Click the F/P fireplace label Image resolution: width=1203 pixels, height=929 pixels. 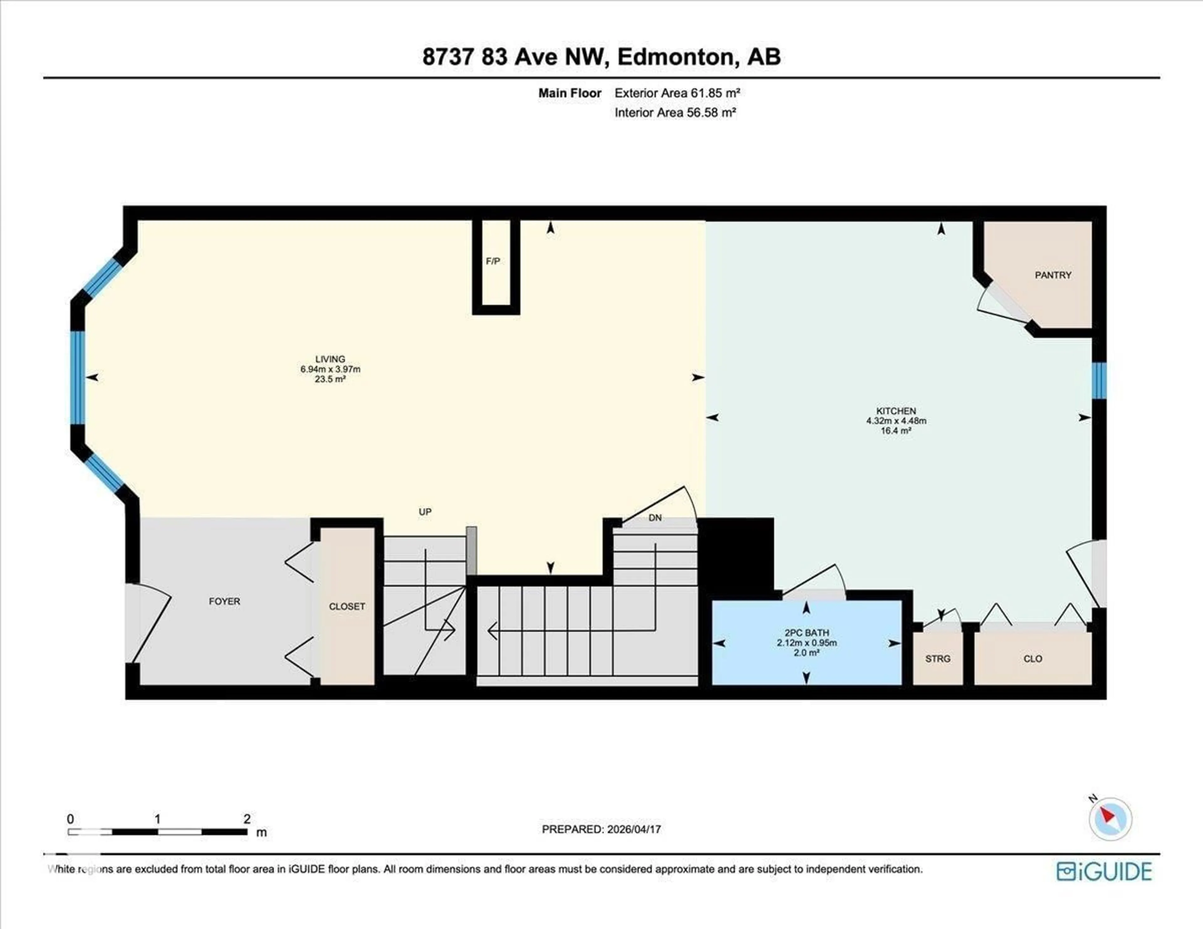(x=493, y=261)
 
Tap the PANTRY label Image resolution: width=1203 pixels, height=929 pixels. (x=1053, y=275)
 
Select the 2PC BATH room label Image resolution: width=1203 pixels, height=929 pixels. (x=806, y=633)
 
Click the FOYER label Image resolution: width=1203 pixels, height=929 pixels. (x=224, y=601)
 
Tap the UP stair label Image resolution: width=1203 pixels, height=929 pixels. (x=425, y=511)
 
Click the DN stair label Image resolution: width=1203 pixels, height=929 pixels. (x=655, y=518)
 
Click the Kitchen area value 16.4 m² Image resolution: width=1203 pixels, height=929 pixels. (x=896, y=430)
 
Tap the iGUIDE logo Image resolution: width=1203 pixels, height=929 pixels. (x=1104, y=871)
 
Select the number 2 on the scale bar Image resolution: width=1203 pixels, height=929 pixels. (x=247, y=818)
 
